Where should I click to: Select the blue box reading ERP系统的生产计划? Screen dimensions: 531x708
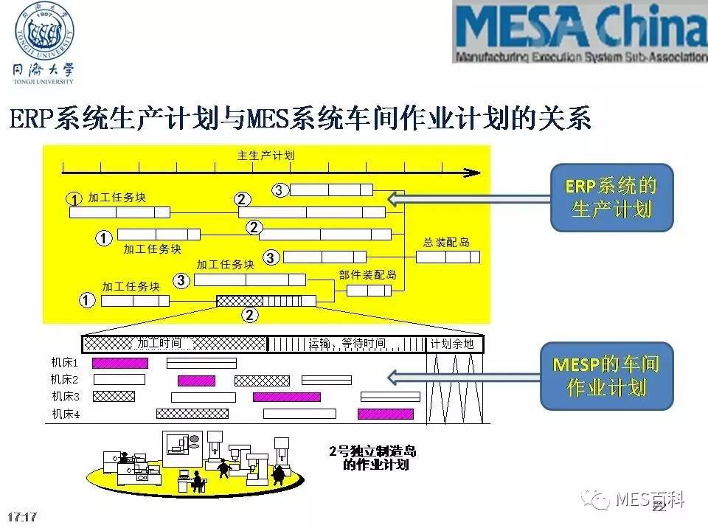(x=611, y=197)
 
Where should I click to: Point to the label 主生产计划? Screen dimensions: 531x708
(x=265, y=156)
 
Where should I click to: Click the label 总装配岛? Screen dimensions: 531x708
(x=447, y=242)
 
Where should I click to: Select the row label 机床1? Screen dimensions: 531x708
(x=65, y=363)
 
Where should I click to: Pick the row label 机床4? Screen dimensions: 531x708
(x=65, y=414)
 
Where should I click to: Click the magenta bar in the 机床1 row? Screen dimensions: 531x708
(x=119, y=363)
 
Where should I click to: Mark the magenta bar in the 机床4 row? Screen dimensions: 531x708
(x=385, y=414)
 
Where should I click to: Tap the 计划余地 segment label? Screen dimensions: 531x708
(x=451, y=344)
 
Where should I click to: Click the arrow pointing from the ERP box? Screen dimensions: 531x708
(x=468, y=198)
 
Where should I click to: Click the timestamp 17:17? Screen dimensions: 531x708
(x=21, y=516)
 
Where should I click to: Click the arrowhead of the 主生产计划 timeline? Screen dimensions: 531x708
(x=472, y=172)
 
